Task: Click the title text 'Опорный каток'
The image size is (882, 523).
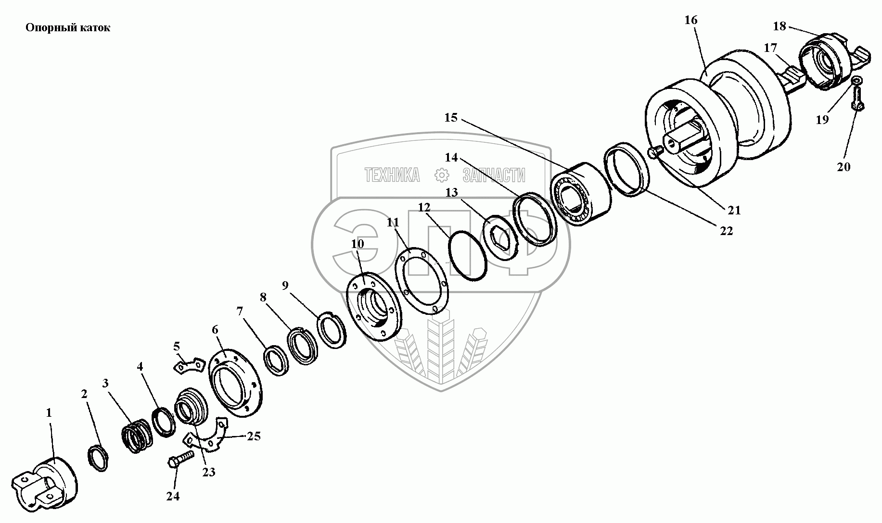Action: point(67,28)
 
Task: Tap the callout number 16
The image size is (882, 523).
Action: point(690,20)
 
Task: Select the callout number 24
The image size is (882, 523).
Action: point(173,496)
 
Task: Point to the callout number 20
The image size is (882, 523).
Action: point(844,167)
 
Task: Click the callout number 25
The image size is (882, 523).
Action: point(254,436)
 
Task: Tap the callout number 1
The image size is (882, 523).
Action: point(49,412)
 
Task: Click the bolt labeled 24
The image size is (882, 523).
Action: point(181,459)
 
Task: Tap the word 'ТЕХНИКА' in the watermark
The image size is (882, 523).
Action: point(392,175)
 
